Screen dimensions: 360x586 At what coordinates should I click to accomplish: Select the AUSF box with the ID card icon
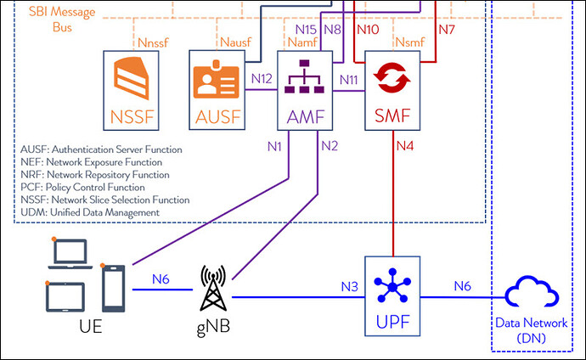(x=217, y=88)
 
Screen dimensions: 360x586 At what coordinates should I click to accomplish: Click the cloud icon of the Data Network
(x=531, y=296)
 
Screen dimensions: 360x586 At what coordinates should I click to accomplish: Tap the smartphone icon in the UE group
(x=114, y=288)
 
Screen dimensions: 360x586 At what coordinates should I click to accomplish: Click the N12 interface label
(x=262, y=79)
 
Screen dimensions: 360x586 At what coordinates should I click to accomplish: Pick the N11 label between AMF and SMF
(x=348, y=79)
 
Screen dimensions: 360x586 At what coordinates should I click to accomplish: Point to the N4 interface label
(x=406, y=145)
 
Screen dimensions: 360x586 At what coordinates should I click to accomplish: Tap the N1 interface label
(x=273, y=145)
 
